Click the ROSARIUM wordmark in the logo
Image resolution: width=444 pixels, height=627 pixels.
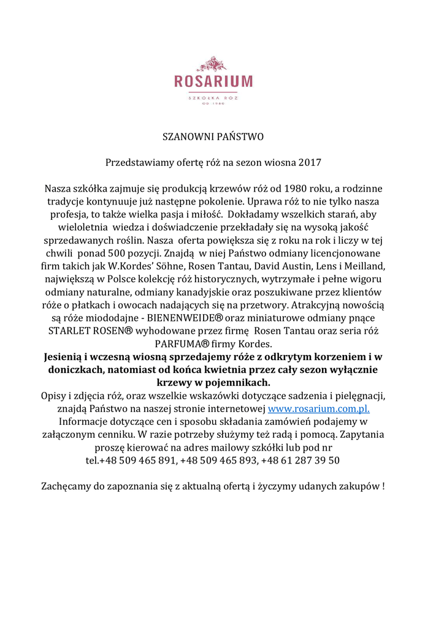tap(213, 81)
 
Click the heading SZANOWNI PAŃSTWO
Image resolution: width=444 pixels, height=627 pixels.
tap(212, 137)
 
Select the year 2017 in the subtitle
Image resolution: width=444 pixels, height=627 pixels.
tap(310, 163)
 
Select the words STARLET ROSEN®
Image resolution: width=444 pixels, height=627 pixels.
tap(91, 331)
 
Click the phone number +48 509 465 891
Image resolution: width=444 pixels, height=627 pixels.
tap(137, 460)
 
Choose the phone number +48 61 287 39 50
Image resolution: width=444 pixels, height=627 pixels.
tap(301, 460)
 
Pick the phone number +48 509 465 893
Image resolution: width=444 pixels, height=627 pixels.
tap(220, 460)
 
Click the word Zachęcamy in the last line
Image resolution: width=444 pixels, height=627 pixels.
tap(66, 487)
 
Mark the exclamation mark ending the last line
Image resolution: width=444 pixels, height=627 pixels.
tap(383, 487)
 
